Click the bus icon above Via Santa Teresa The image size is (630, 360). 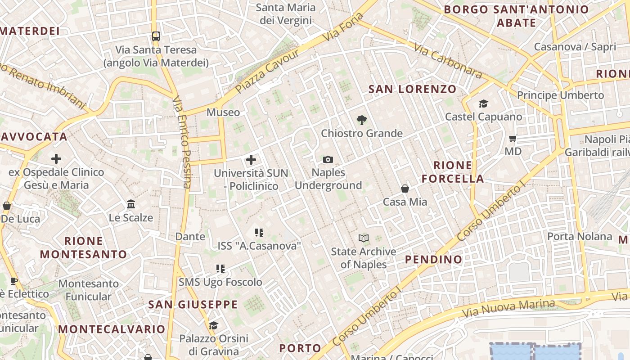(156, 36)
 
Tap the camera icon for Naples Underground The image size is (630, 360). (328, 159)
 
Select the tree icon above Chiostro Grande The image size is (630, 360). (361, 120)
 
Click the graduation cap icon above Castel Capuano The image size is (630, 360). (483, 104)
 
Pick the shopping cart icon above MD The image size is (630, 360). (513, 138)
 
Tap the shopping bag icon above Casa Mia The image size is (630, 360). (405, 189)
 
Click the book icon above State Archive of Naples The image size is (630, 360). (364, 238)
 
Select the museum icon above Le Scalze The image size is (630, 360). (131, 204)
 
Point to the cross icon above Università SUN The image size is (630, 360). (251, 159)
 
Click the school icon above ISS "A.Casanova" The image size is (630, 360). (259, 233)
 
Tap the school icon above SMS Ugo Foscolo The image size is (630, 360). (220, 269)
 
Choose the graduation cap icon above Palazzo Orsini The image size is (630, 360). (213, 325)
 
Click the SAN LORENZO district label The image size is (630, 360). (412, 89)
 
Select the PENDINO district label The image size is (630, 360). (433, 259)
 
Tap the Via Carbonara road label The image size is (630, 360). (447, 61)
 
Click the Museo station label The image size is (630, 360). (223, 112)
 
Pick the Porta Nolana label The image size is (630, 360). (580, 236)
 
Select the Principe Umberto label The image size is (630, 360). (560, 95)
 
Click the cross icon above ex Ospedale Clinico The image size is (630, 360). (56, 158)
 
